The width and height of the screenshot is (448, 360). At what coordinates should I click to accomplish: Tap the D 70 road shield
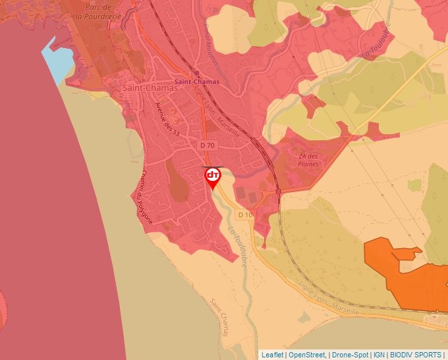point(207,145)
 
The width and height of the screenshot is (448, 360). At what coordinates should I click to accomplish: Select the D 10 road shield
point(245,215)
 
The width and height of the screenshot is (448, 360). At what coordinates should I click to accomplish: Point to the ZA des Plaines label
point(308,160)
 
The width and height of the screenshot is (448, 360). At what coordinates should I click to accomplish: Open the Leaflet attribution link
point(272,355)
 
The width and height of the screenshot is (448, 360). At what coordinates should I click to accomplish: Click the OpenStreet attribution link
point(308,355)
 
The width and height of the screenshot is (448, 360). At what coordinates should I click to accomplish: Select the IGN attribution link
point(379,355)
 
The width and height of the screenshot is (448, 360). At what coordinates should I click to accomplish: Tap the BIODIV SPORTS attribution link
point(416,355)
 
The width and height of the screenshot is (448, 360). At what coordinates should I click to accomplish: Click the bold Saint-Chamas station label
point(194,83)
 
